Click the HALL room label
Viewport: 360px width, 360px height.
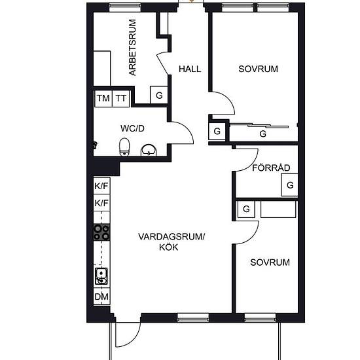[190, 69]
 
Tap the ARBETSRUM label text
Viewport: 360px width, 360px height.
[132, 48]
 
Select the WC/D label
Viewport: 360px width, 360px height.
[132, 128]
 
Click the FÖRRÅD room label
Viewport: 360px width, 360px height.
[271, 168]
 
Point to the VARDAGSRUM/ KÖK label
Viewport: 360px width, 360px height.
[171, 242]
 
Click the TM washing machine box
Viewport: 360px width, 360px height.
[103, 98]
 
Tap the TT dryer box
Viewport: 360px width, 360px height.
[121, 98]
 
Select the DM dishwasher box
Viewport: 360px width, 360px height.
[101, 297]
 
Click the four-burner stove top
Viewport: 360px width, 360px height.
[101, 232]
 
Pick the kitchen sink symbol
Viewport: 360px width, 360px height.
[101, 276]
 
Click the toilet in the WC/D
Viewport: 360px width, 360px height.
[124, 147]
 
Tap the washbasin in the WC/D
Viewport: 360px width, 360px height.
[149, 150]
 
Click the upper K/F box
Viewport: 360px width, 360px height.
[101, 186]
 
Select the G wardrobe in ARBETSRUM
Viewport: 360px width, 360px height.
[159, 95]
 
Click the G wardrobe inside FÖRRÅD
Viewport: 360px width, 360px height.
[290, 185]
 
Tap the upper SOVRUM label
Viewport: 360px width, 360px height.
[258, 69]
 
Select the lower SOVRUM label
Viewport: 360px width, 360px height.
[270, 262]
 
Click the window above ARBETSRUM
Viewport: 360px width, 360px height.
[125, 8]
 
